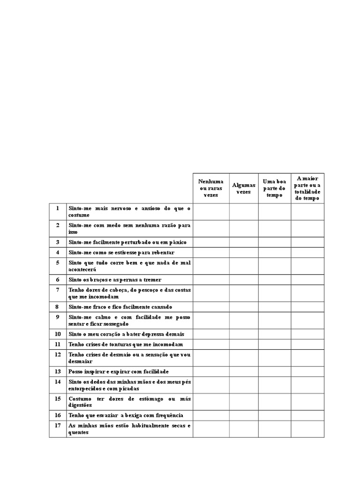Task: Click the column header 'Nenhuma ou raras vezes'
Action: pyautogui.click(x=211, y=188)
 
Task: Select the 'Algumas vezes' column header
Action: pyautogui.click(x=244, y=188)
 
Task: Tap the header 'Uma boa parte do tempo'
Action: pyautogui.click(x=274, y=188)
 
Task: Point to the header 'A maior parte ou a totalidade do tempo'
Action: pyautogui.click(x=307, y=188)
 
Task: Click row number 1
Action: pyautogui.click(x=58, y=208)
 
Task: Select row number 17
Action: pyautogui.click(x=58, y=426)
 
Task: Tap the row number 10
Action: pyautogui.click(x=58, y=334)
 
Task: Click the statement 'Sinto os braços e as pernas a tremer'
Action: pyautogui.click(x=115, y=280)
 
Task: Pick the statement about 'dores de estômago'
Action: pyautogui.click(x=129, y=402)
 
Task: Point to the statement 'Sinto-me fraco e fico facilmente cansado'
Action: pyautogui.click(x=120, y=307)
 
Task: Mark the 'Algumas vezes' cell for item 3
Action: pyautogui.click(x=244, y=242)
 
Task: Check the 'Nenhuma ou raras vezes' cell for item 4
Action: pyautogui.click(x=211, y=253)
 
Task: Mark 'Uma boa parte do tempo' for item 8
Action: pyautogui.click(x=274, y=307)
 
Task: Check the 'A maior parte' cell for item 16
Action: pyautogui.click(x=307, y=415)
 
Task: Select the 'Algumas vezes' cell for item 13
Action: pyautogui.click(x=244, y=372)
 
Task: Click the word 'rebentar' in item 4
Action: pyautogui.click(x=162, y=253)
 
